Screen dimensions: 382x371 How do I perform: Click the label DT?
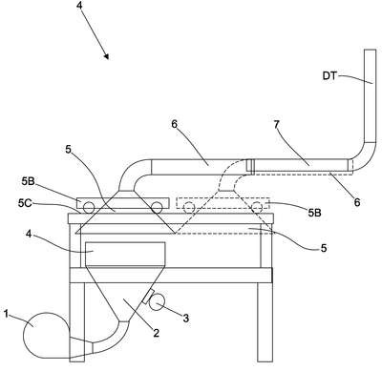pos(329,76)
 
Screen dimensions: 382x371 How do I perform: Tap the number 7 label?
pos(276,124)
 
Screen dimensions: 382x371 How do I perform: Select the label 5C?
pos(25,203)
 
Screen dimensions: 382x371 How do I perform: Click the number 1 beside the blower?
pos(6,314)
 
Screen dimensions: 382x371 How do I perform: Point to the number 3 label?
pos(186,318)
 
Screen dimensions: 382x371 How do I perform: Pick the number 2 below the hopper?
pos(156,333)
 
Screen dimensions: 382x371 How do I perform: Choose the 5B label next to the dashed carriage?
pos(314,213)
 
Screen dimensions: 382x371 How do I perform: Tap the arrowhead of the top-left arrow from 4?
pos(107,56)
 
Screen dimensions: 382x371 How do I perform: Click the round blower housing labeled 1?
pos(46,335)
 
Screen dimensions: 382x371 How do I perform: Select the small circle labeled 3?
pos(157,302)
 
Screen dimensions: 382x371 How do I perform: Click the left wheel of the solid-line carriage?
pos(88,208)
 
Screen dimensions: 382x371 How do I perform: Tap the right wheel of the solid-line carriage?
pos(157,208)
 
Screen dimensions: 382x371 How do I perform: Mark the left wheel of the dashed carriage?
pos(189,208)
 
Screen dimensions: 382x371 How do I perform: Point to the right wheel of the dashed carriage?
pos(257,208)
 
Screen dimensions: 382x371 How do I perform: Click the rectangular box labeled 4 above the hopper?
pos(125,254)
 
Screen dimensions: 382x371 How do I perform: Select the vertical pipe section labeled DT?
pos(370,95)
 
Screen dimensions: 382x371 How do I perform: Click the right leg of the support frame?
pos(265,322)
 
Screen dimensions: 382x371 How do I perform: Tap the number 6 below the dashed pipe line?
pos(357,202)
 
